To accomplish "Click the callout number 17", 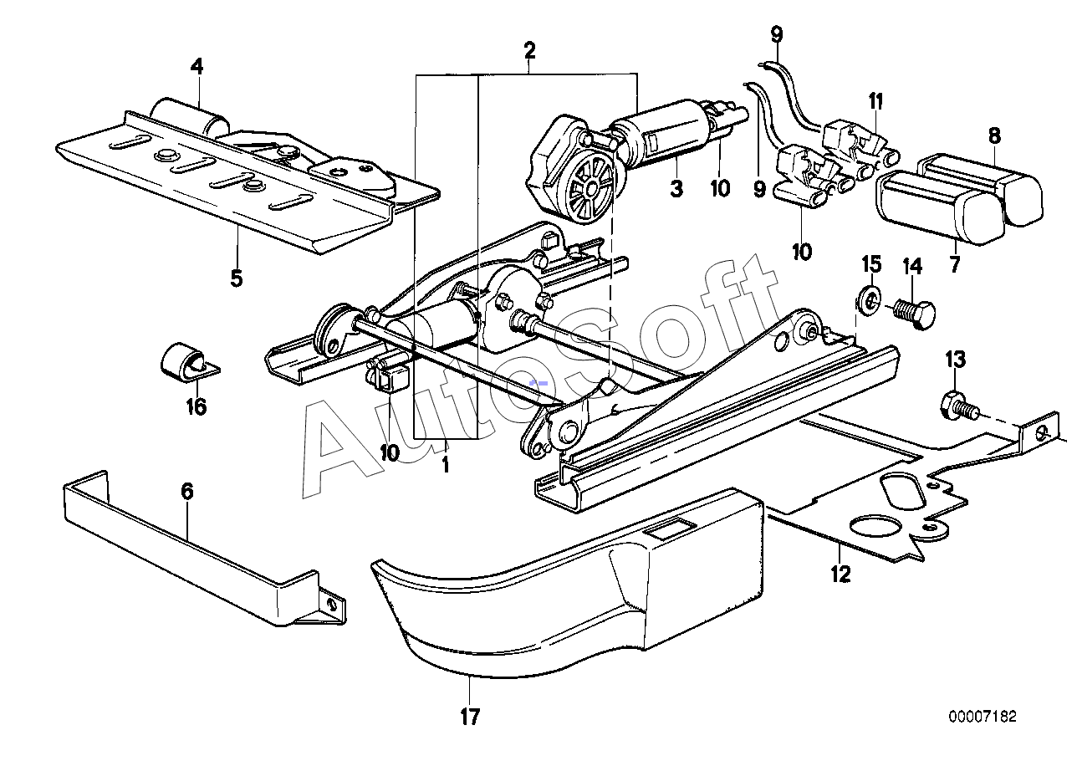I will coord(470,716).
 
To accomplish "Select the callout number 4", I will coord(197,65).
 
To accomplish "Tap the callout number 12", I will coord(840,574).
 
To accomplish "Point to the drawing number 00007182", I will coord(983,717).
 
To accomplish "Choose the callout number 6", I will coord(187,491).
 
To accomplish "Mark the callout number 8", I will coord(993,135).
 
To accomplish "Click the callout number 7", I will coord(954,264).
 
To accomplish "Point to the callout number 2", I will coord(529,50).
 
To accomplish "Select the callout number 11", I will coord(875,101).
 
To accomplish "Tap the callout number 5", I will coord(237,278).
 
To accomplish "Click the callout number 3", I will coord(676,189).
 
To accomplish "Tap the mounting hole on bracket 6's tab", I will coord(333,603).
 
